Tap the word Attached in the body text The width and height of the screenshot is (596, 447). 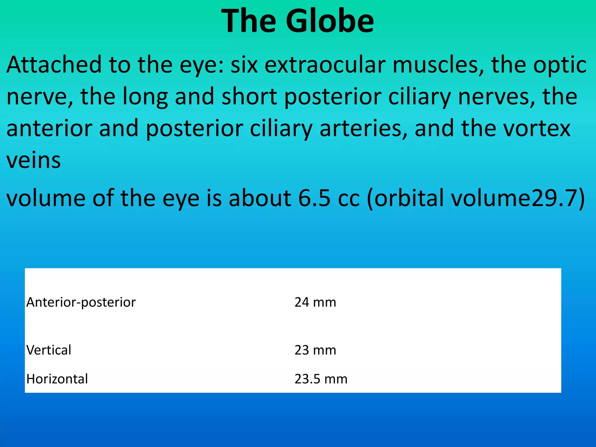[54, 65]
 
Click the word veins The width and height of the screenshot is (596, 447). [34, 161]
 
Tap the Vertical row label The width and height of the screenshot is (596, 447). [49, 350]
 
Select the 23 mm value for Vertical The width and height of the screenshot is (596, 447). [315, 350]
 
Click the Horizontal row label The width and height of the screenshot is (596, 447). [57, 379]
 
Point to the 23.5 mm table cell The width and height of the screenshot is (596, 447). [321, 379]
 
